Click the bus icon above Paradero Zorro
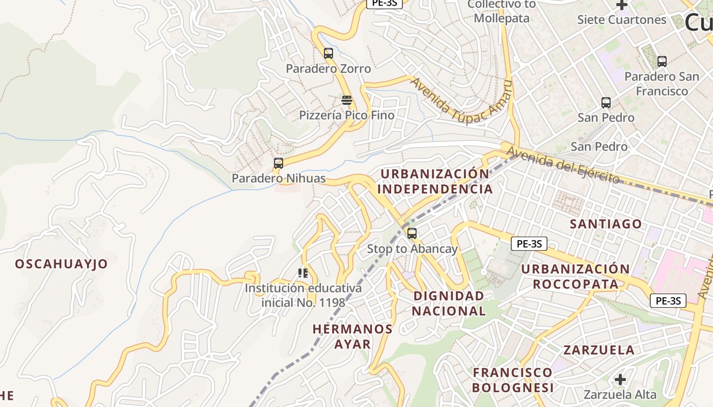[328, 53]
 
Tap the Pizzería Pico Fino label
[347, 115]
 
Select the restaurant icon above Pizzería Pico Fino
[347, 100]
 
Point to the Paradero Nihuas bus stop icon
[279, 163]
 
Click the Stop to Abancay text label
[413, 249]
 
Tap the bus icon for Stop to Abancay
[412, 234]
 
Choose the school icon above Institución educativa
[304, 273]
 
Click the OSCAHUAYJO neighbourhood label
[62, 264]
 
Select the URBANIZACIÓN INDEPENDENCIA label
[435, 182]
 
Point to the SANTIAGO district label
[606, 224]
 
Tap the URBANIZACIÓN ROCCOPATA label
[575, 276]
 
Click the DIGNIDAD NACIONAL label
[449, 303]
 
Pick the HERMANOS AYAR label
[352, 336]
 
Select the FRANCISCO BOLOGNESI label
[512, 380]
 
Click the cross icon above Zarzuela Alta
[620, 379]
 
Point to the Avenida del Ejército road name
[563, 163]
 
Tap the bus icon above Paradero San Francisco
[662, 62]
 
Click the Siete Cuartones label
[622, 20]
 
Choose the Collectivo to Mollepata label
[502, 11]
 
